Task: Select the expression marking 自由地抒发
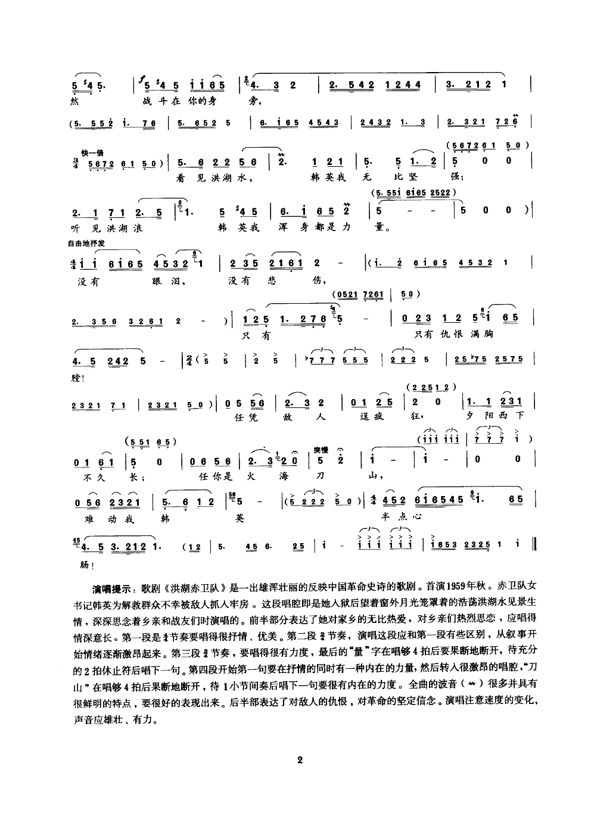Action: [89, 242]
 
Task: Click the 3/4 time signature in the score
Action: [73, 163]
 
